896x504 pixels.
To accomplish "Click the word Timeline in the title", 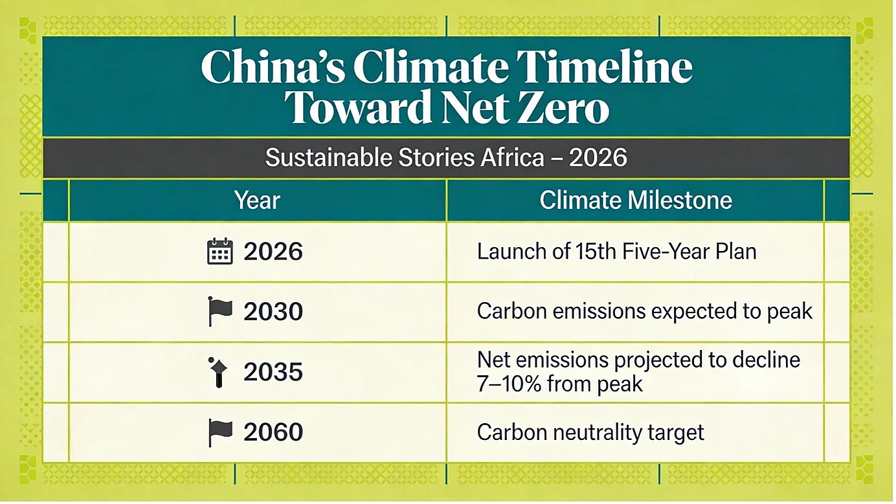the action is (604, 66).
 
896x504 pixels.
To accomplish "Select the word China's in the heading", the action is (273, 66).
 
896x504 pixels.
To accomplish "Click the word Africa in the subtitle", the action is (512, 157).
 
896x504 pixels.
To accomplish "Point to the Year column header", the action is (257, 200).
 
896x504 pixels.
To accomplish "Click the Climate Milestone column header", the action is (636, 200).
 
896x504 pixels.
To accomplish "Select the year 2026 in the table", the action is (273, 252).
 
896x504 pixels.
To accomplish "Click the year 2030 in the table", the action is (273, 312).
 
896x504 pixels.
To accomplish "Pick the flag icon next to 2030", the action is (220, 311).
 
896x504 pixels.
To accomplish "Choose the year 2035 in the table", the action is (273, 372).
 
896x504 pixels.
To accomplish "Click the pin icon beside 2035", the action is (218, 372).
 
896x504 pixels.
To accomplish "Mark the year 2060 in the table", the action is (273, 432).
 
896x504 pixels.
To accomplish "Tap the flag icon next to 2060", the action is (220, 433).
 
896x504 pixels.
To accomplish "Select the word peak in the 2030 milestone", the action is (790, 312).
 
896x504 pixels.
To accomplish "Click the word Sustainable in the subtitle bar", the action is (328, 157).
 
